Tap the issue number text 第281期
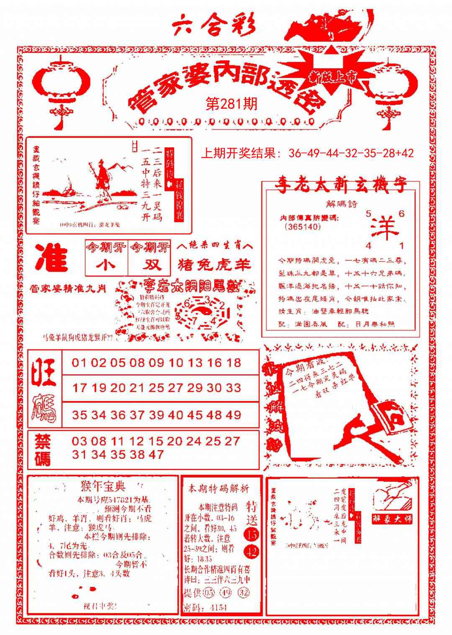pyautogui.click(x=231, y=104)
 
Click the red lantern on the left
pyautogui.click(x=62, y=88)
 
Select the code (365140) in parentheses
pyautogui.click(x=302, y=227)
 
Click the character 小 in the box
pyautogui.click(x=106, y=265)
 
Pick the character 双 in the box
pyautogui.click(x=149, y=265)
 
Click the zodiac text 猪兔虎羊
pyautogui.click(x=215, y=265)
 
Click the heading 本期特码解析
pyautogui.click(x=218, y=488)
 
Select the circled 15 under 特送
pyautogui.click(x=252, y=535)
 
